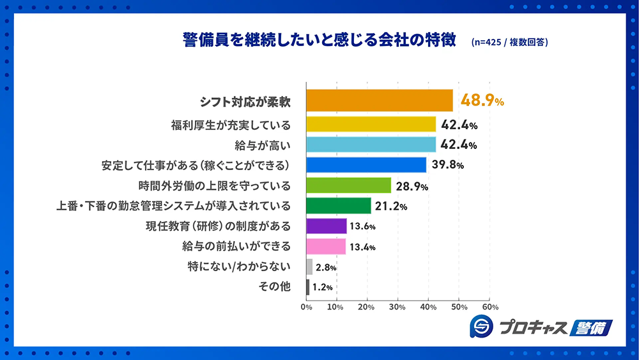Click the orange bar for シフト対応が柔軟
click(380, 101)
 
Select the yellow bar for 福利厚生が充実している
click(371, 124)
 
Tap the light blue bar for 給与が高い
click(371, 145)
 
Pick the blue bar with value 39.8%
click(366, 165)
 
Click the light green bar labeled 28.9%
click(349, 185)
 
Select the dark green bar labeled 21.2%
click(339, 206)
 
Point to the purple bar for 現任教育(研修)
click(327, 226)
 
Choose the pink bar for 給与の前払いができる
click(326, 247)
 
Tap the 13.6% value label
click(362, 226)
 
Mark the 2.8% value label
click(325, 267)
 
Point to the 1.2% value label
click(321, 288)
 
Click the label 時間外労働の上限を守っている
click(215, 185)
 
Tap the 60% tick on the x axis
click(489, 307)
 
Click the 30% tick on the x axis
click(397, 307)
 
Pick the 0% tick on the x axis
click(306, 307)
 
